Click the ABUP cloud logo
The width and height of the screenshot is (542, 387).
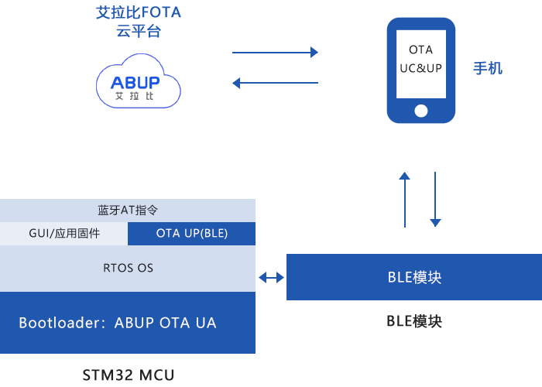138,80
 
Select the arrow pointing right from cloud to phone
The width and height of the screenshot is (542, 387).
274,53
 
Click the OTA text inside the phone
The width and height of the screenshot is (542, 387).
420,50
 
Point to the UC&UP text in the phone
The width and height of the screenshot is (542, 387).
420,68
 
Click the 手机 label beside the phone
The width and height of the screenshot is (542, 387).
488,68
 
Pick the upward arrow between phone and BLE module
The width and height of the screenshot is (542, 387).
404,200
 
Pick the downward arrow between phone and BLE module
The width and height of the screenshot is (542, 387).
435,200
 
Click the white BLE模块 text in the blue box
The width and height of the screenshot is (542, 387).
414,277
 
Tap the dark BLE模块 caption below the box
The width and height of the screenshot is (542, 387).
414,321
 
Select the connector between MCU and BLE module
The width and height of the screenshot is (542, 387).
271,277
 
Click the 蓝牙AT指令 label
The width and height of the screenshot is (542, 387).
128,210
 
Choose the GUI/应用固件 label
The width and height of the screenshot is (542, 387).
64,233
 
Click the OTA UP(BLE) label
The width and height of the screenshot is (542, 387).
192,233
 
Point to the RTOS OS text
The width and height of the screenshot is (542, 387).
128,268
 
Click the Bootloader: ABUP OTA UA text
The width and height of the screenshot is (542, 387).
118,323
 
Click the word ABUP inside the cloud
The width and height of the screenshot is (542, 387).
135,82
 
